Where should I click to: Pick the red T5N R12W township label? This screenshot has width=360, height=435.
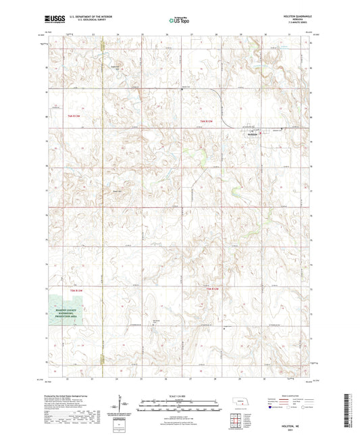point(211,290)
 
